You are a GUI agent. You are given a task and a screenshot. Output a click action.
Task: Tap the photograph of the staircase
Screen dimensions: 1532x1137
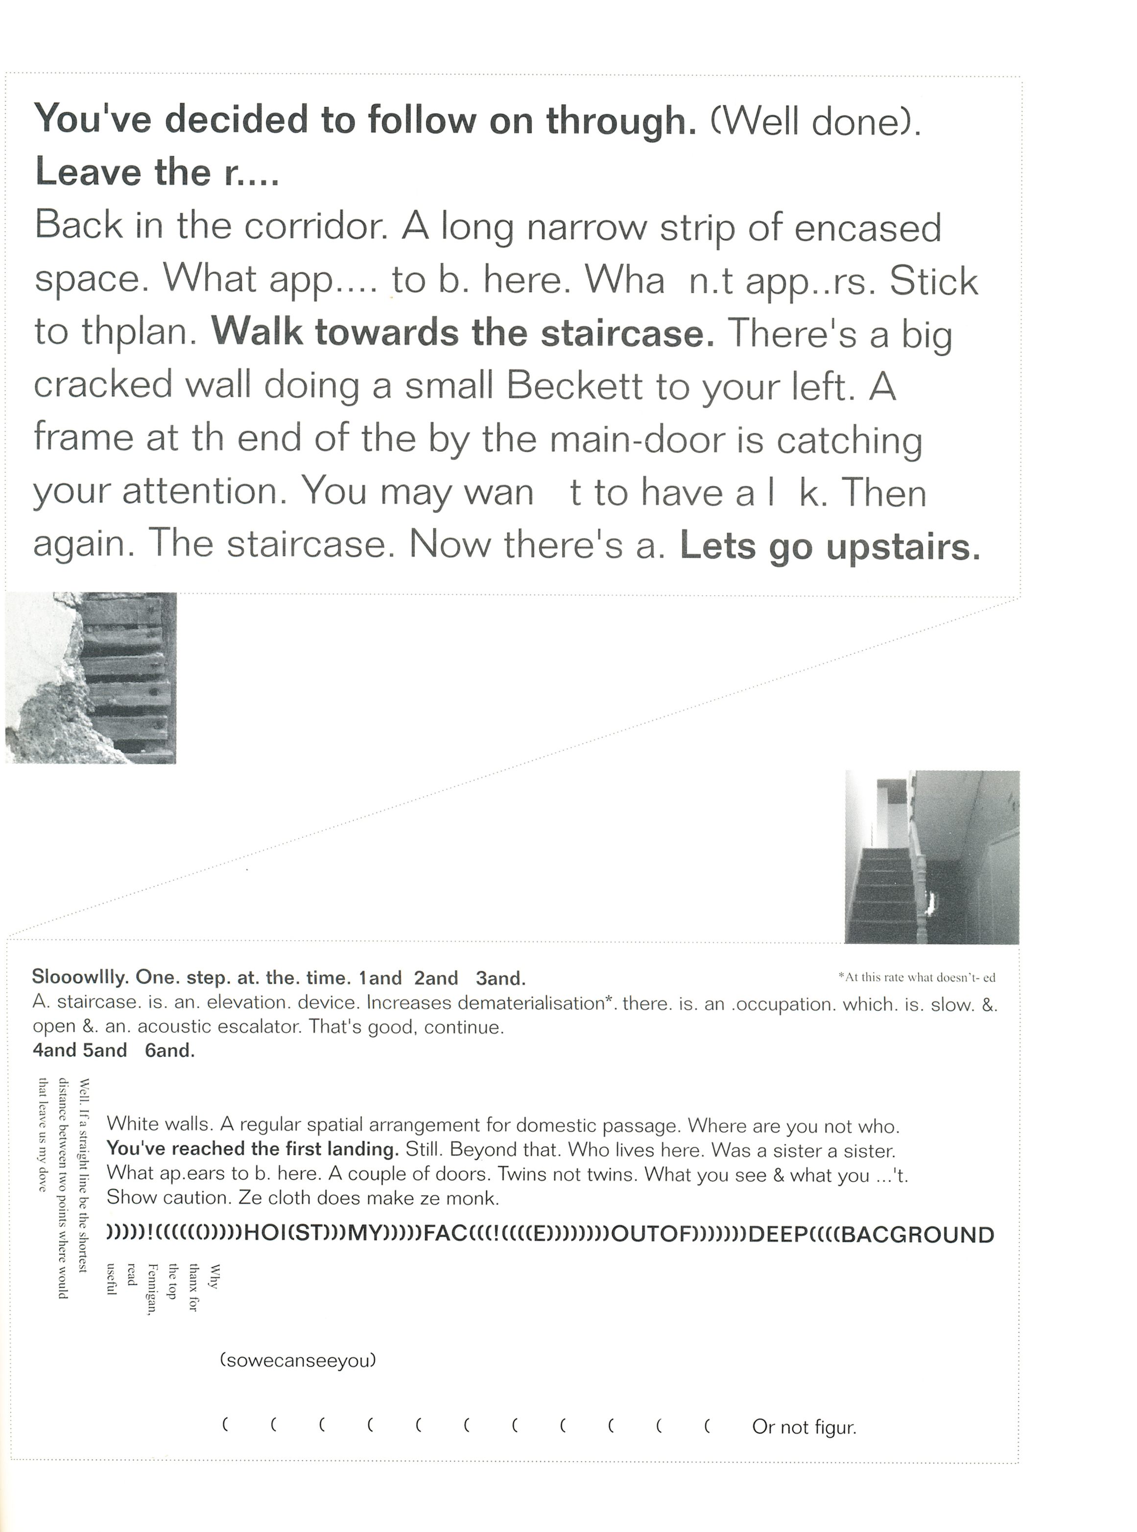point(931,857)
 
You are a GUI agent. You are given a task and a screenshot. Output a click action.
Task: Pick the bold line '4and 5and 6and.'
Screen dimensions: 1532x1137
point(114,1050)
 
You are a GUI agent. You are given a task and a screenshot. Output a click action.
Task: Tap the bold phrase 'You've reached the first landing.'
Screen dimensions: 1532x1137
point(253,1149)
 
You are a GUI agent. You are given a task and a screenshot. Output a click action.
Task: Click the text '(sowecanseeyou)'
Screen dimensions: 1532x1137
point(298,1360)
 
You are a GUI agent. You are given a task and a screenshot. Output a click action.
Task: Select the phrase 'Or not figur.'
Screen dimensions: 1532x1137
point(804,1427)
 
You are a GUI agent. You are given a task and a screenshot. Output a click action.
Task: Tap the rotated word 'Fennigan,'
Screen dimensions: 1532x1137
point(153,1288)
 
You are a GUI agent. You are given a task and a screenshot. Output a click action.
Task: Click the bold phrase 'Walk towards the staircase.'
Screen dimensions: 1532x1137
point(463,333)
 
